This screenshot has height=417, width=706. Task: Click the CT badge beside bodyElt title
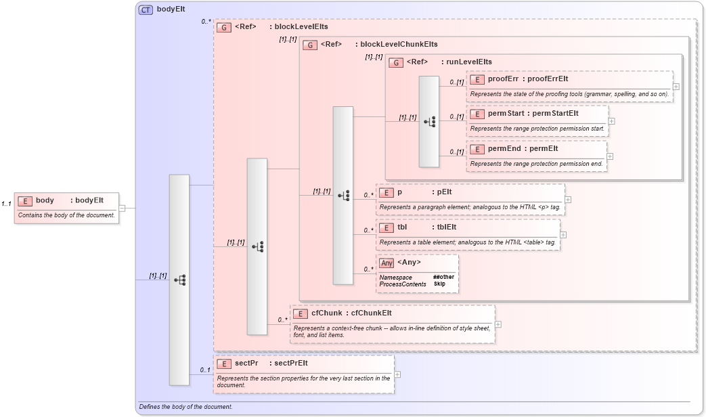click(146, 9)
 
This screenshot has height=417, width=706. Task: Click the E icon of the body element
click(25, 200)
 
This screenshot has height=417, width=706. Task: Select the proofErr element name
click(503, 79)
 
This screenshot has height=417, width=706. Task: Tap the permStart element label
click(506, 113)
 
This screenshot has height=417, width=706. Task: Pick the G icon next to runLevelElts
click(395, 62)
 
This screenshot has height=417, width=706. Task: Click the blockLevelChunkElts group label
click(399, 45)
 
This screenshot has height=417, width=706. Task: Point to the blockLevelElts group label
click(299, 27)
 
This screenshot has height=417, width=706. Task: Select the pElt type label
click(445, 192)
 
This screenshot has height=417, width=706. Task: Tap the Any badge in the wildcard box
click(387, 263)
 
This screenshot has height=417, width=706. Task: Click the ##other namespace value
click(443, 277)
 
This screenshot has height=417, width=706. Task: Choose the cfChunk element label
click(326, 313)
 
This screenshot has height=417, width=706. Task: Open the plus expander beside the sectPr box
click(397, 374)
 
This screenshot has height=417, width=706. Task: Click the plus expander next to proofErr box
click(676, 87)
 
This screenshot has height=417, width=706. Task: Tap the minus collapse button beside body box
click(122, 208)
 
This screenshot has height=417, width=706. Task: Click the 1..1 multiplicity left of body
click(6, 203)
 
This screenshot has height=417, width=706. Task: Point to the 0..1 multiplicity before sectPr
click(204, 370)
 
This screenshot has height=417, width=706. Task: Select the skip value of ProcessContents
click(439, 284)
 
